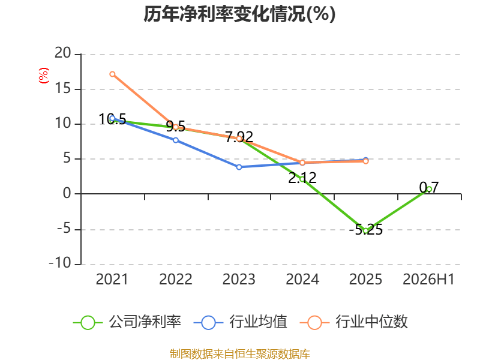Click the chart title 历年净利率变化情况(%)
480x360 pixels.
239,14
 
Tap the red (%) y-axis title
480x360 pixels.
43,76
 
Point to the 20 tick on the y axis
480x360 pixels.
63,53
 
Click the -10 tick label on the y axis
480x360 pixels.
60,263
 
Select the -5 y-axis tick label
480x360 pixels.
64,229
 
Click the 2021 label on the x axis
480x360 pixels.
112,279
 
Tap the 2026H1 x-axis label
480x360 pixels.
428,279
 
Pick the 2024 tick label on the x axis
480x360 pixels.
302,279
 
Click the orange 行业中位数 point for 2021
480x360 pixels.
112,74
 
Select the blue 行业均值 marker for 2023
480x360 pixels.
239,167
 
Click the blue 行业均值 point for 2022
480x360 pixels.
176,140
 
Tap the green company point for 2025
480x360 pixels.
365,231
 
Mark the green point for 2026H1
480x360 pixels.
429,189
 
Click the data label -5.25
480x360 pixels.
366,230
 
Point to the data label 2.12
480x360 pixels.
302,178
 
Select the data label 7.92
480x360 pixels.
239,137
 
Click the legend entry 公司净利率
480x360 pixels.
127,322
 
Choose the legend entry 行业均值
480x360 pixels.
241,322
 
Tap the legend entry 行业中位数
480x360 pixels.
353,322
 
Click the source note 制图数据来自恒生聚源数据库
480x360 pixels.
240,354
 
